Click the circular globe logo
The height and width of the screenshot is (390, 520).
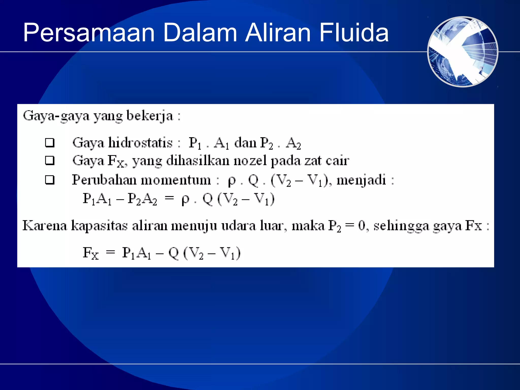pyautogui.click(x=463, y=52)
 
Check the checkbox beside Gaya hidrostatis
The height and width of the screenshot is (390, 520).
pyautogui.click(x=50, y=143)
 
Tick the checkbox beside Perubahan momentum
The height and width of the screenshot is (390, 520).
pyautogui.click(x=50, y=180)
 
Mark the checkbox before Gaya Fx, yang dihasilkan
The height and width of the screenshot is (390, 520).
pyautogui.click(x=50, y=161)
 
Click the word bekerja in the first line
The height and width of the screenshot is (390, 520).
pyautogui.click(x=150, y=116)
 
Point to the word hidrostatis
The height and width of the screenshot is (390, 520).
pyautogui.click(x=141, y=142)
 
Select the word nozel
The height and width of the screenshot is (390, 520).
pyautogui.click(x=250, y=161)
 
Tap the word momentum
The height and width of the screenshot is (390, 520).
pyautogui.click(x=176, y=180)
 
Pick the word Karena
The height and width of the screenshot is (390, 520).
pyautogui.click(x=45, y=225)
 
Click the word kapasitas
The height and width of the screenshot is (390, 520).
pyautogui.click(x=99, y=226)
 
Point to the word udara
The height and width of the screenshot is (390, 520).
pyautogui.click(x=238, y=225)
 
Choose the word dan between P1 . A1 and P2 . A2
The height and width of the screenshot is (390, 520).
pyautogui.click(x=245, y=143)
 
